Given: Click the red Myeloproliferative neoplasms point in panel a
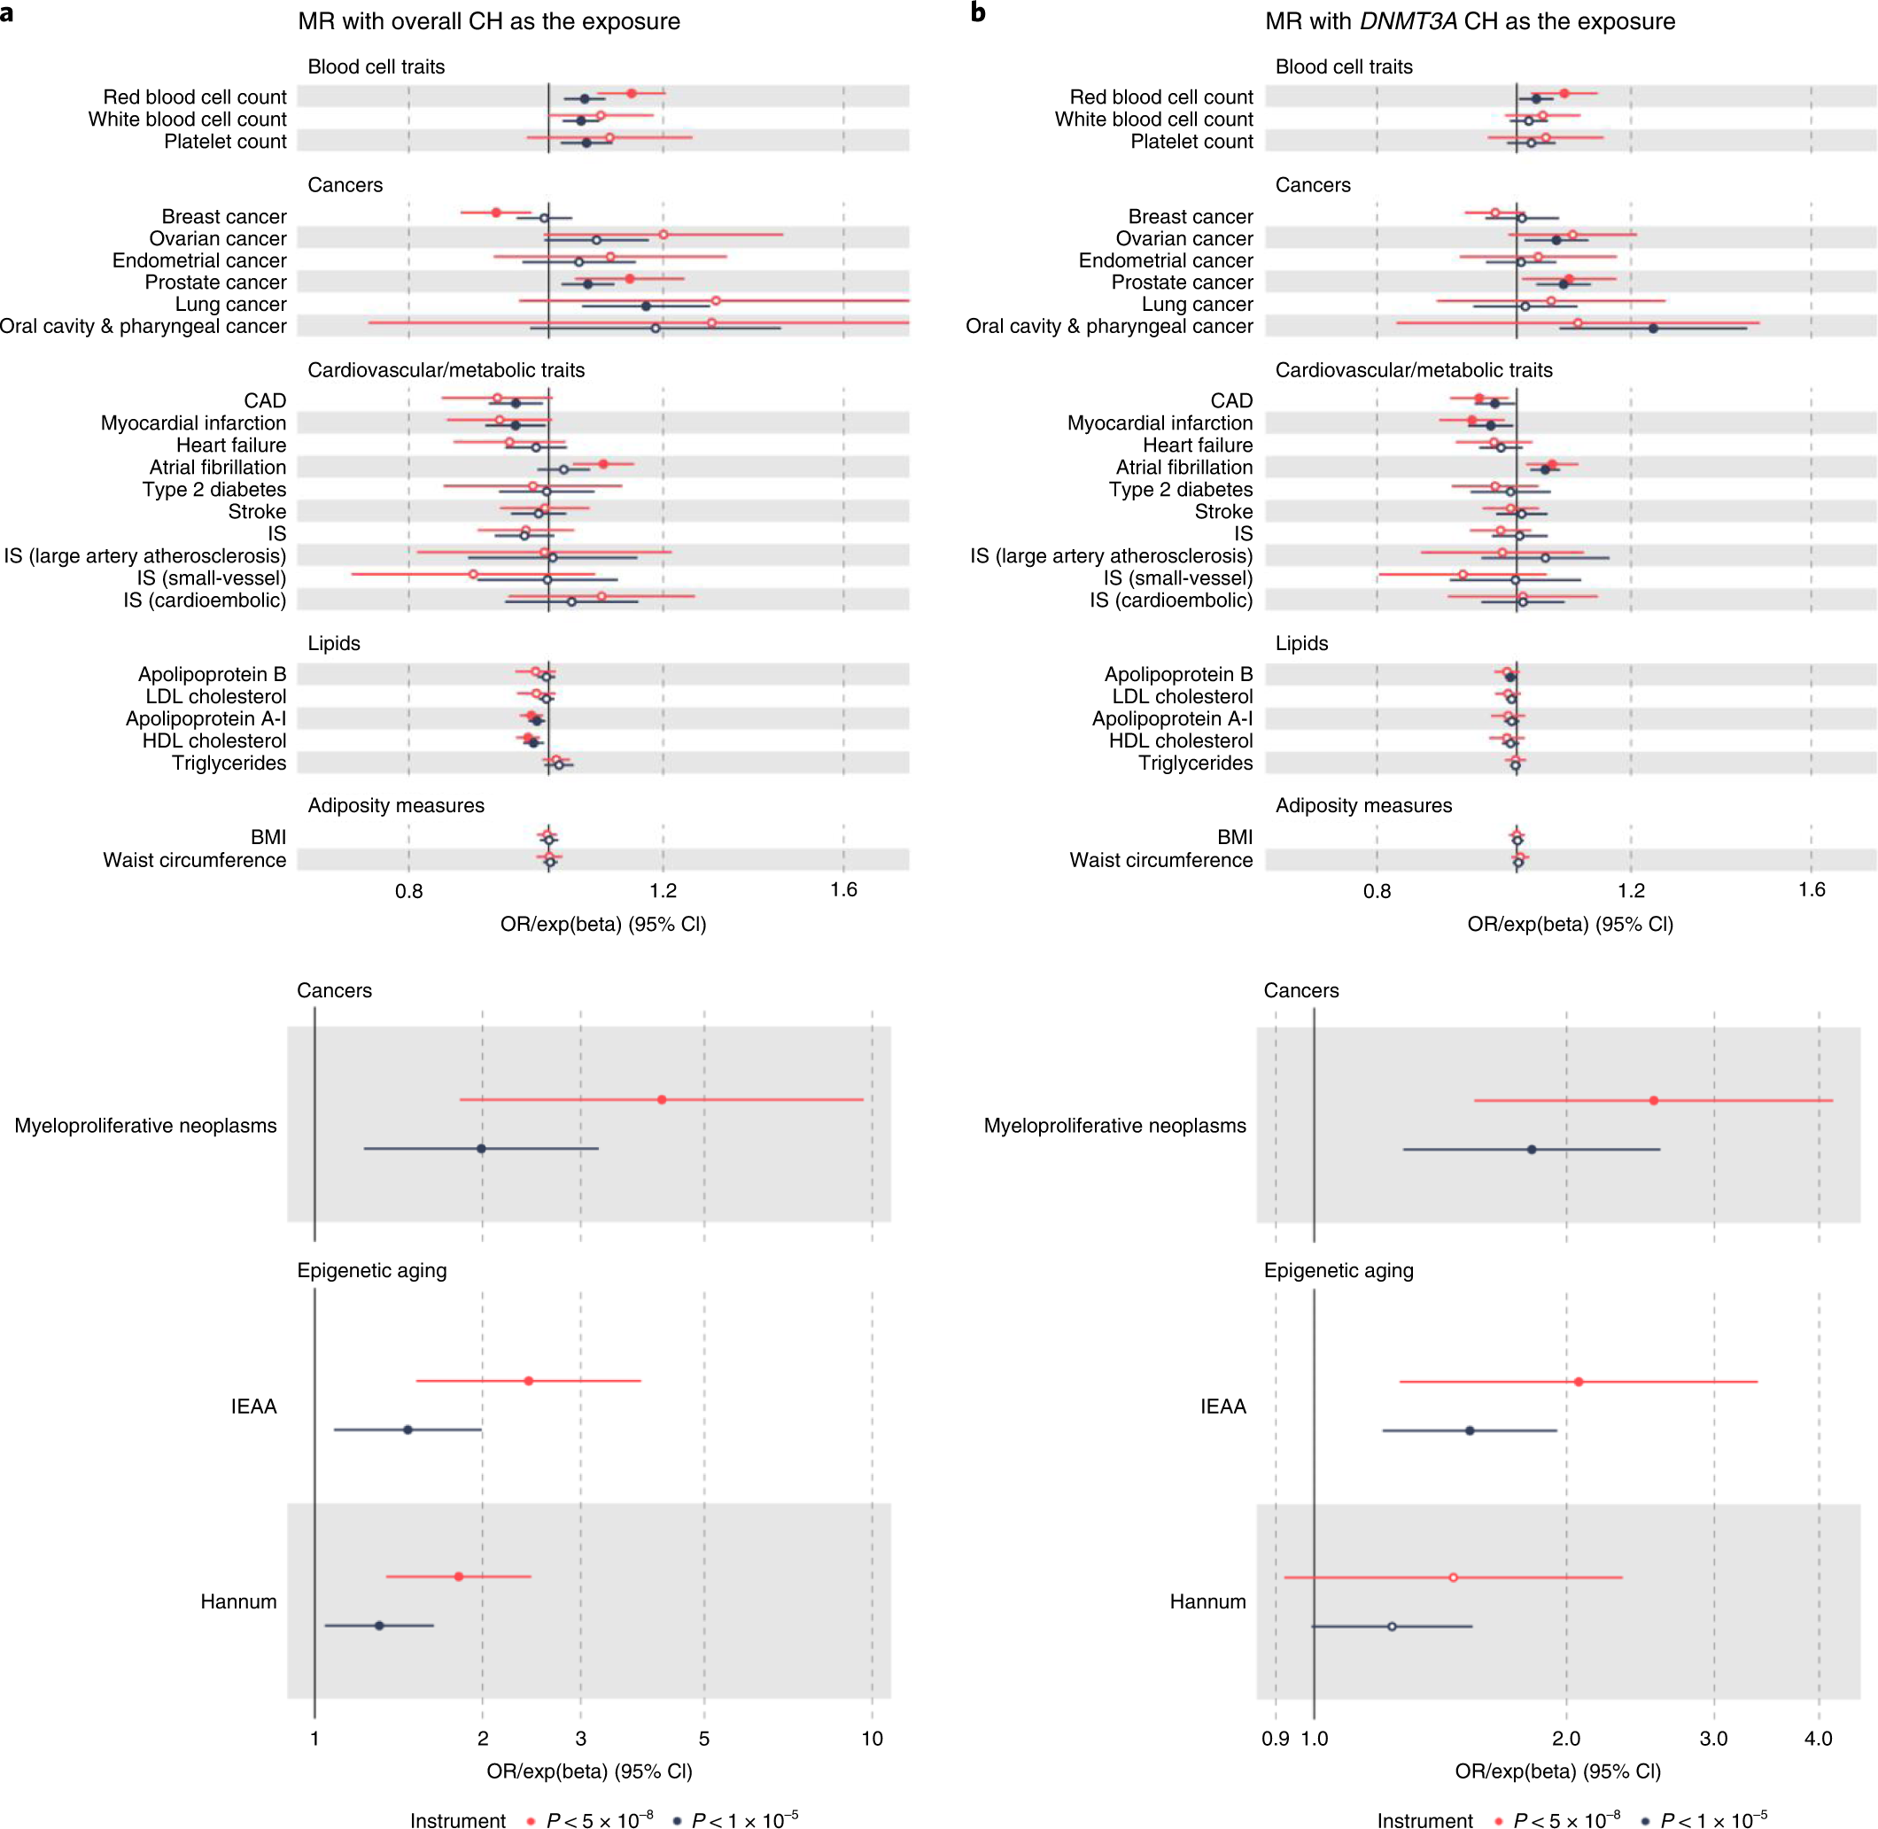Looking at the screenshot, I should [662, 1099].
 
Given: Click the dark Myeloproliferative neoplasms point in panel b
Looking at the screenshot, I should [1532, 1149].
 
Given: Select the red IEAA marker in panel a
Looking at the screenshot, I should [528, 1381].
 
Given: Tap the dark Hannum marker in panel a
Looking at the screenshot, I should [379, 1625].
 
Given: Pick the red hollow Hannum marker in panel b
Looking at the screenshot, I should [1453, 1577].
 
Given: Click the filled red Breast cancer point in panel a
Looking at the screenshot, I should [497, 213].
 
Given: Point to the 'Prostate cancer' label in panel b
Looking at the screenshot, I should [1182, 283].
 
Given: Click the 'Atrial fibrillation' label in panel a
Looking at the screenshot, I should [217, 468].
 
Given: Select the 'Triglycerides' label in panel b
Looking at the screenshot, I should [1195, 763].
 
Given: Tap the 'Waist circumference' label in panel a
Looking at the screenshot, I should [194, 860].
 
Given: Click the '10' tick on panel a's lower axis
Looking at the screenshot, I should [872, 1738].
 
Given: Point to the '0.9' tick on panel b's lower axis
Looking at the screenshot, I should [1276, 1738].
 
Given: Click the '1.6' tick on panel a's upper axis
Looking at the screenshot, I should [843, 889].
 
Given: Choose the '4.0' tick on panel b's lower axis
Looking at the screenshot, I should [1818, 1738].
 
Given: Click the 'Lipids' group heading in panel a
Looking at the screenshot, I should [333, 644].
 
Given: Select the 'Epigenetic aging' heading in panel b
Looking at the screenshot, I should [1339, 1270].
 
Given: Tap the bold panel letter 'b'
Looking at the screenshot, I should [978, 12].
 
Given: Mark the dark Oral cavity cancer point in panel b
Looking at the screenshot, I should [1653, 329].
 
